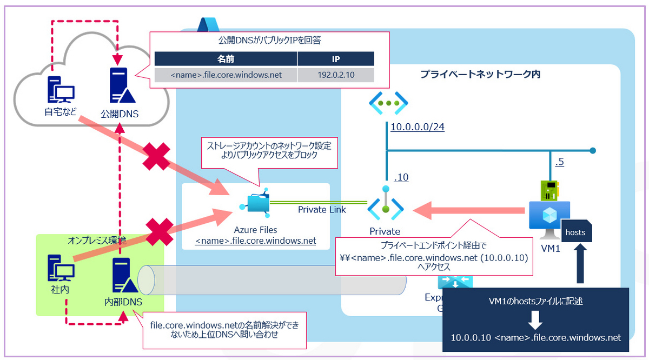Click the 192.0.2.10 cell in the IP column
pyautogui.click(x=335, y=75)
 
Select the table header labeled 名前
pyautogui.click(x=226, y=58)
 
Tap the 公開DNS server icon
pyautogui.click(x=119, y=86)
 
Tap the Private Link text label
pyautogui.click(x=322, y=209)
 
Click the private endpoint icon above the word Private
pyautogui.click(x=385, y=206)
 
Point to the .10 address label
pyautogui.click(x=401, y=177)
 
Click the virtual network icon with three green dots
pyautogui.click(x=389, y=103)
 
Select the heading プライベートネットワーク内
pyautogui.click(x=480, y=75)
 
